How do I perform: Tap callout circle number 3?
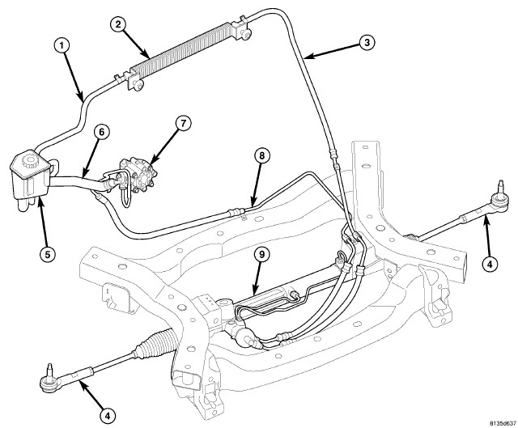367,43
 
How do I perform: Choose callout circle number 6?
100,130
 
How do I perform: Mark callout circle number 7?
183,123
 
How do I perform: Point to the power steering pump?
137,176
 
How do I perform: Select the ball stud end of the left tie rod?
47,375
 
